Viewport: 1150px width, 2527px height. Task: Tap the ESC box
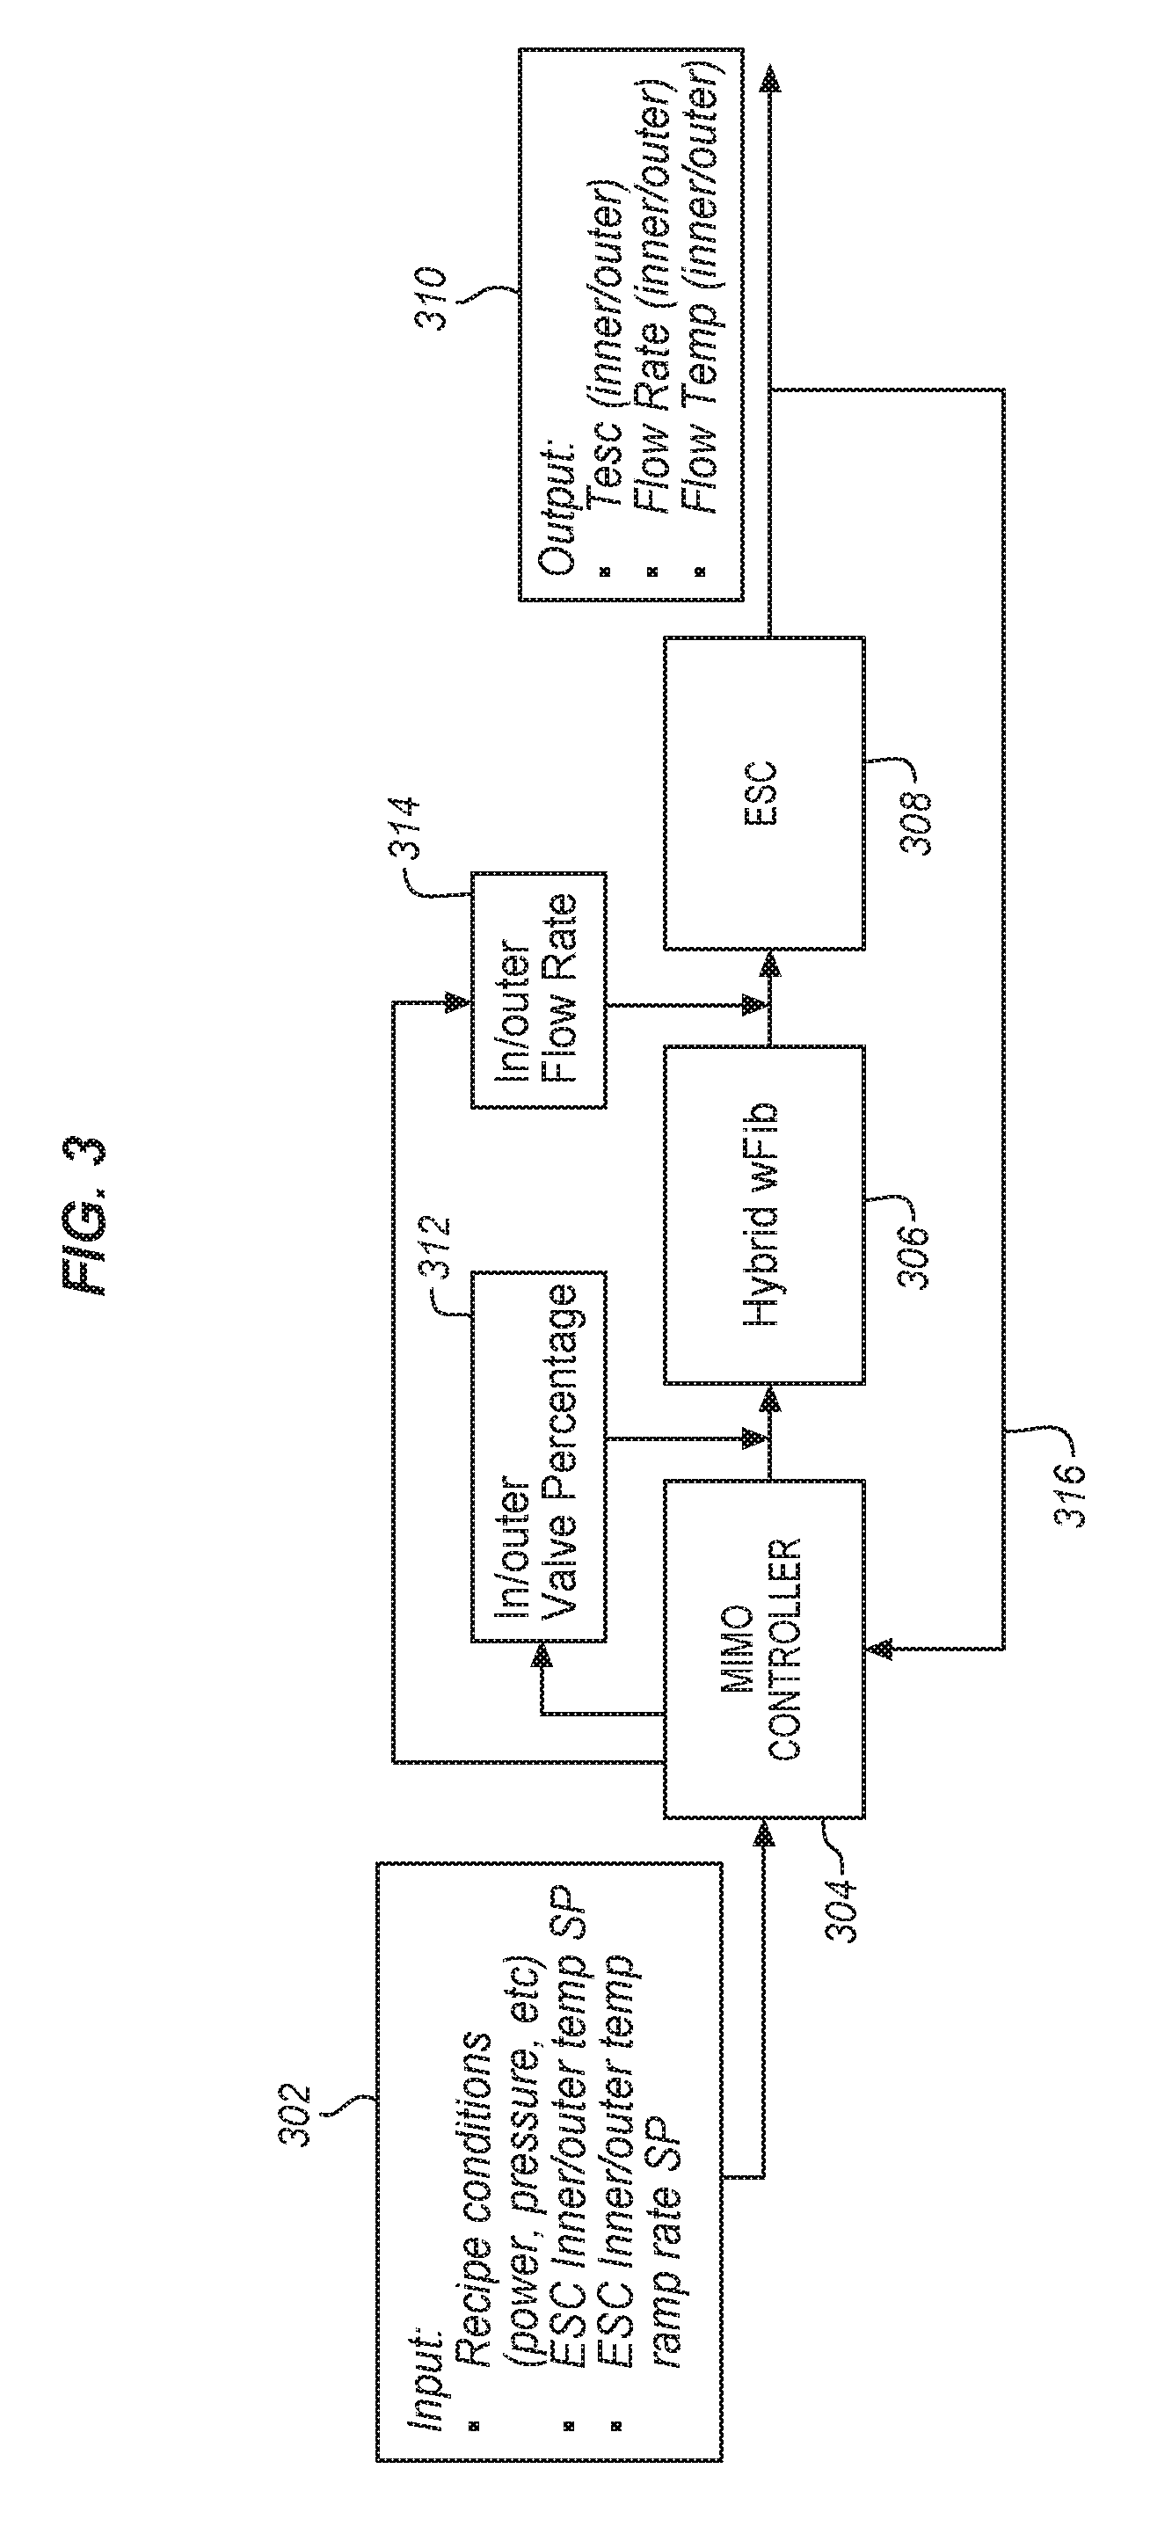764,792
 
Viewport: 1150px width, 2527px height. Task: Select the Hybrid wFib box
764,1214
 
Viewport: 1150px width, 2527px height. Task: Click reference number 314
406,832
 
